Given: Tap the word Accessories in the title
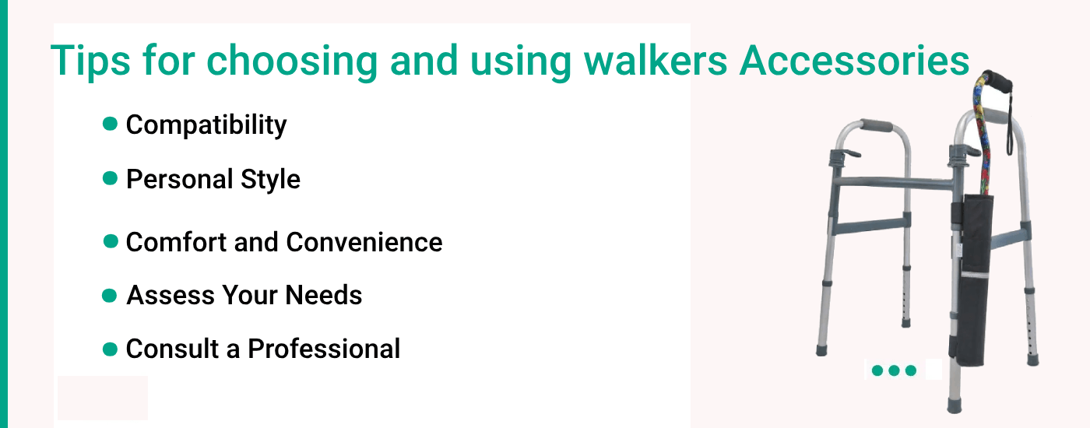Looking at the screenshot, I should [x=855, y=59].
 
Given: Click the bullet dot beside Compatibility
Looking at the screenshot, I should [x=110, y=124].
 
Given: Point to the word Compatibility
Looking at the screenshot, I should [x=206, y=125].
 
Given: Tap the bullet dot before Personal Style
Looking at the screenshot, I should [x=110, y=178].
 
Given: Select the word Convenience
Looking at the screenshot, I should [x=364, y=242].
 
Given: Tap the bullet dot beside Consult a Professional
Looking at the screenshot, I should [x=110, y=349].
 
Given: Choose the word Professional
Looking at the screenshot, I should [x=324, y=349].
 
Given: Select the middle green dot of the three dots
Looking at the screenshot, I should [x=894, y=370].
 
